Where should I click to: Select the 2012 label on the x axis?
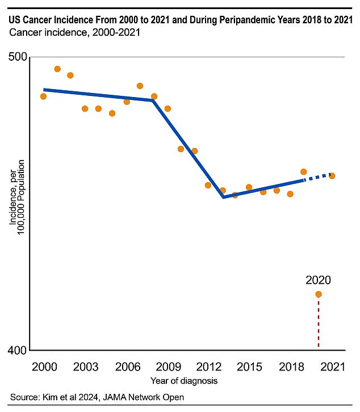click(208, 367)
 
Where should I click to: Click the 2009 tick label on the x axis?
click(167, 367)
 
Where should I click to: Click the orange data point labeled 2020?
click(319, 294)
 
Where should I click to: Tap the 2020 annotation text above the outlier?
click(318, 280)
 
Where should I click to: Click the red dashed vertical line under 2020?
click(319, 323)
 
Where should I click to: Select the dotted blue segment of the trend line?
click(318, 176)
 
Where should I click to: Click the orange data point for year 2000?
click(43, 96)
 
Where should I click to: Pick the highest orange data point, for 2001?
click(57, 69)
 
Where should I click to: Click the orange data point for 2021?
click(332, 175)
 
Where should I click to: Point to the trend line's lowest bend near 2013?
click(224, 197)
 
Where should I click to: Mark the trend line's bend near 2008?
click(153, 100)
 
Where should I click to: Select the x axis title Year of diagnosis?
click(184, 380)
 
